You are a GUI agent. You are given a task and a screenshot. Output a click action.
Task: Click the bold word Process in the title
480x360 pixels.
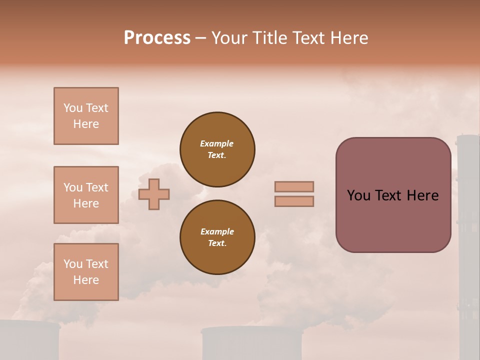click(x=157, y=38)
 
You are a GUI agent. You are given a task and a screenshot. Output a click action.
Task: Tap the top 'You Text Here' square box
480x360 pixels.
click(x=86, y=116)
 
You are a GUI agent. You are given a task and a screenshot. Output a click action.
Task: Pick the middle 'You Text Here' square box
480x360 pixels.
click(x=86, y=195)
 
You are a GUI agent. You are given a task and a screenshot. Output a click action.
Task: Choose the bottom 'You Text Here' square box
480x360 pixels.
click(x=86, y=272)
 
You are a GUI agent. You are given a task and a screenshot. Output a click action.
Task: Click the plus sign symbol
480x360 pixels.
click(x=154, y=194)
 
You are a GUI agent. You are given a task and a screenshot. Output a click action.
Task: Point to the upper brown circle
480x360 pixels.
click(x=217, y=149)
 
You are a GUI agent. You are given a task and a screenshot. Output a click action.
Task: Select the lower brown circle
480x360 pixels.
click(x=217, y=237)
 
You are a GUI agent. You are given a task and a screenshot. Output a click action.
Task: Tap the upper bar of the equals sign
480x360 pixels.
click(x=294, y=186)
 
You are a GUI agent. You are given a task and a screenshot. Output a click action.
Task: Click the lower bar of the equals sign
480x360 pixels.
click(x=294, y=201)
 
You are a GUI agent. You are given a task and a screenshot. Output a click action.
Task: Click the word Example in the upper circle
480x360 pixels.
click(x=217, y=143)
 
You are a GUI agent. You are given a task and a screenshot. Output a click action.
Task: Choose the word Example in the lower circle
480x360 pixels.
click(x=217, y=231)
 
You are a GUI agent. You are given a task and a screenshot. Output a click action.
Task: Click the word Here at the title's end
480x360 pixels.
click(x=349, y=38)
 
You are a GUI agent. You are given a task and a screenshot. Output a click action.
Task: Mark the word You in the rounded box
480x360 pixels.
click(x=358, y=195)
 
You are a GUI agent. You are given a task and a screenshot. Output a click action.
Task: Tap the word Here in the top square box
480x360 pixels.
click(x=86, y=124)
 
